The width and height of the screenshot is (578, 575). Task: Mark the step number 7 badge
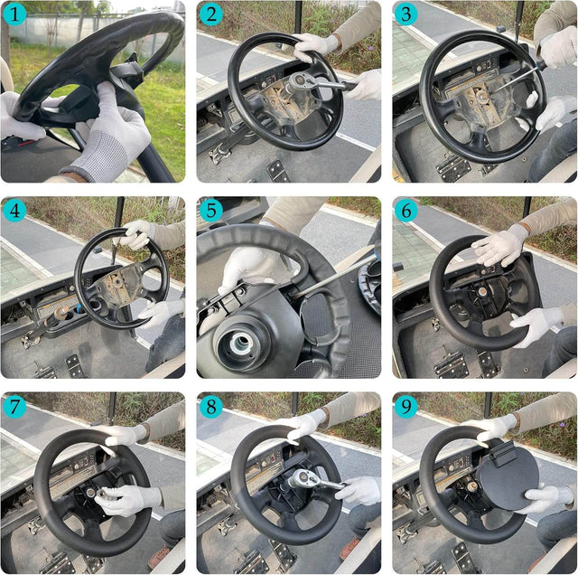(x=14, y=407)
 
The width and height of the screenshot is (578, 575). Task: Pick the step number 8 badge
(x=210, y=407)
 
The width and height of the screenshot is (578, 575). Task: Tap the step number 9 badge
(x=406, y=407)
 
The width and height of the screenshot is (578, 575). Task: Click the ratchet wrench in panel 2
(x=307, y=84)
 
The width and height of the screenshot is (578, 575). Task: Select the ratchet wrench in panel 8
(x=307, y=482)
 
